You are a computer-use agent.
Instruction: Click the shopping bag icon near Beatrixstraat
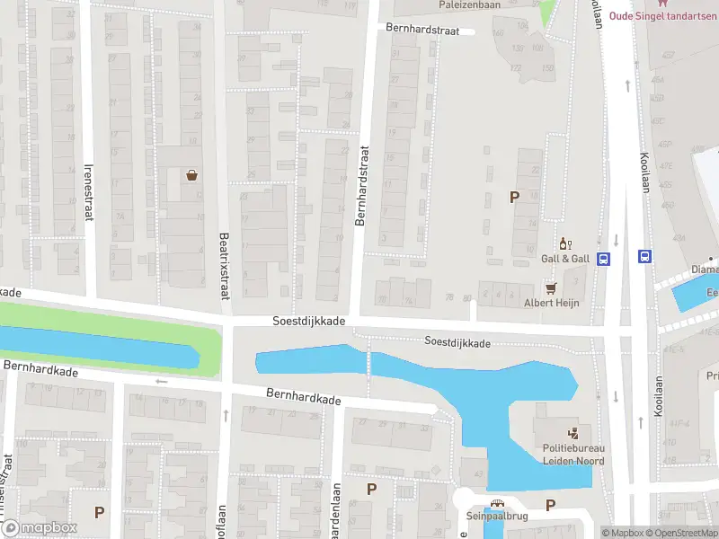(x=192, y=175)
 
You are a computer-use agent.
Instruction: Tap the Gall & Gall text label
(x=565, y=259)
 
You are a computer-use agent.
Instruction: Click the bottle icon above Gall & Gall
(x=565, y=243)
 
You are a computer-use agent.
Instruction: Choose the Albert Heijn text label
(x=551, y=303)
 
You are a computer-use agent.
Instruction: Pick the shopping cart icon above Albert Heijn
(x=552, y=288)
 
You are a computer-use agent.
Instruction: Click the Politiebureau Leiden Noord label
(x=573, y=455)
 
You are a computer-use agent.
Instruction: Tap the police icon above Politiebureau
(x=573, y=432)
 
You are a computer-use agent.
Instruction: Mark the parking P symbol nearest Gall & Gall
(x=514, y=198)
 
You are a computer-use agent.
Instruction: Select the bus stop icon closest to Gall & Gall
(x=604, y=258)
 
